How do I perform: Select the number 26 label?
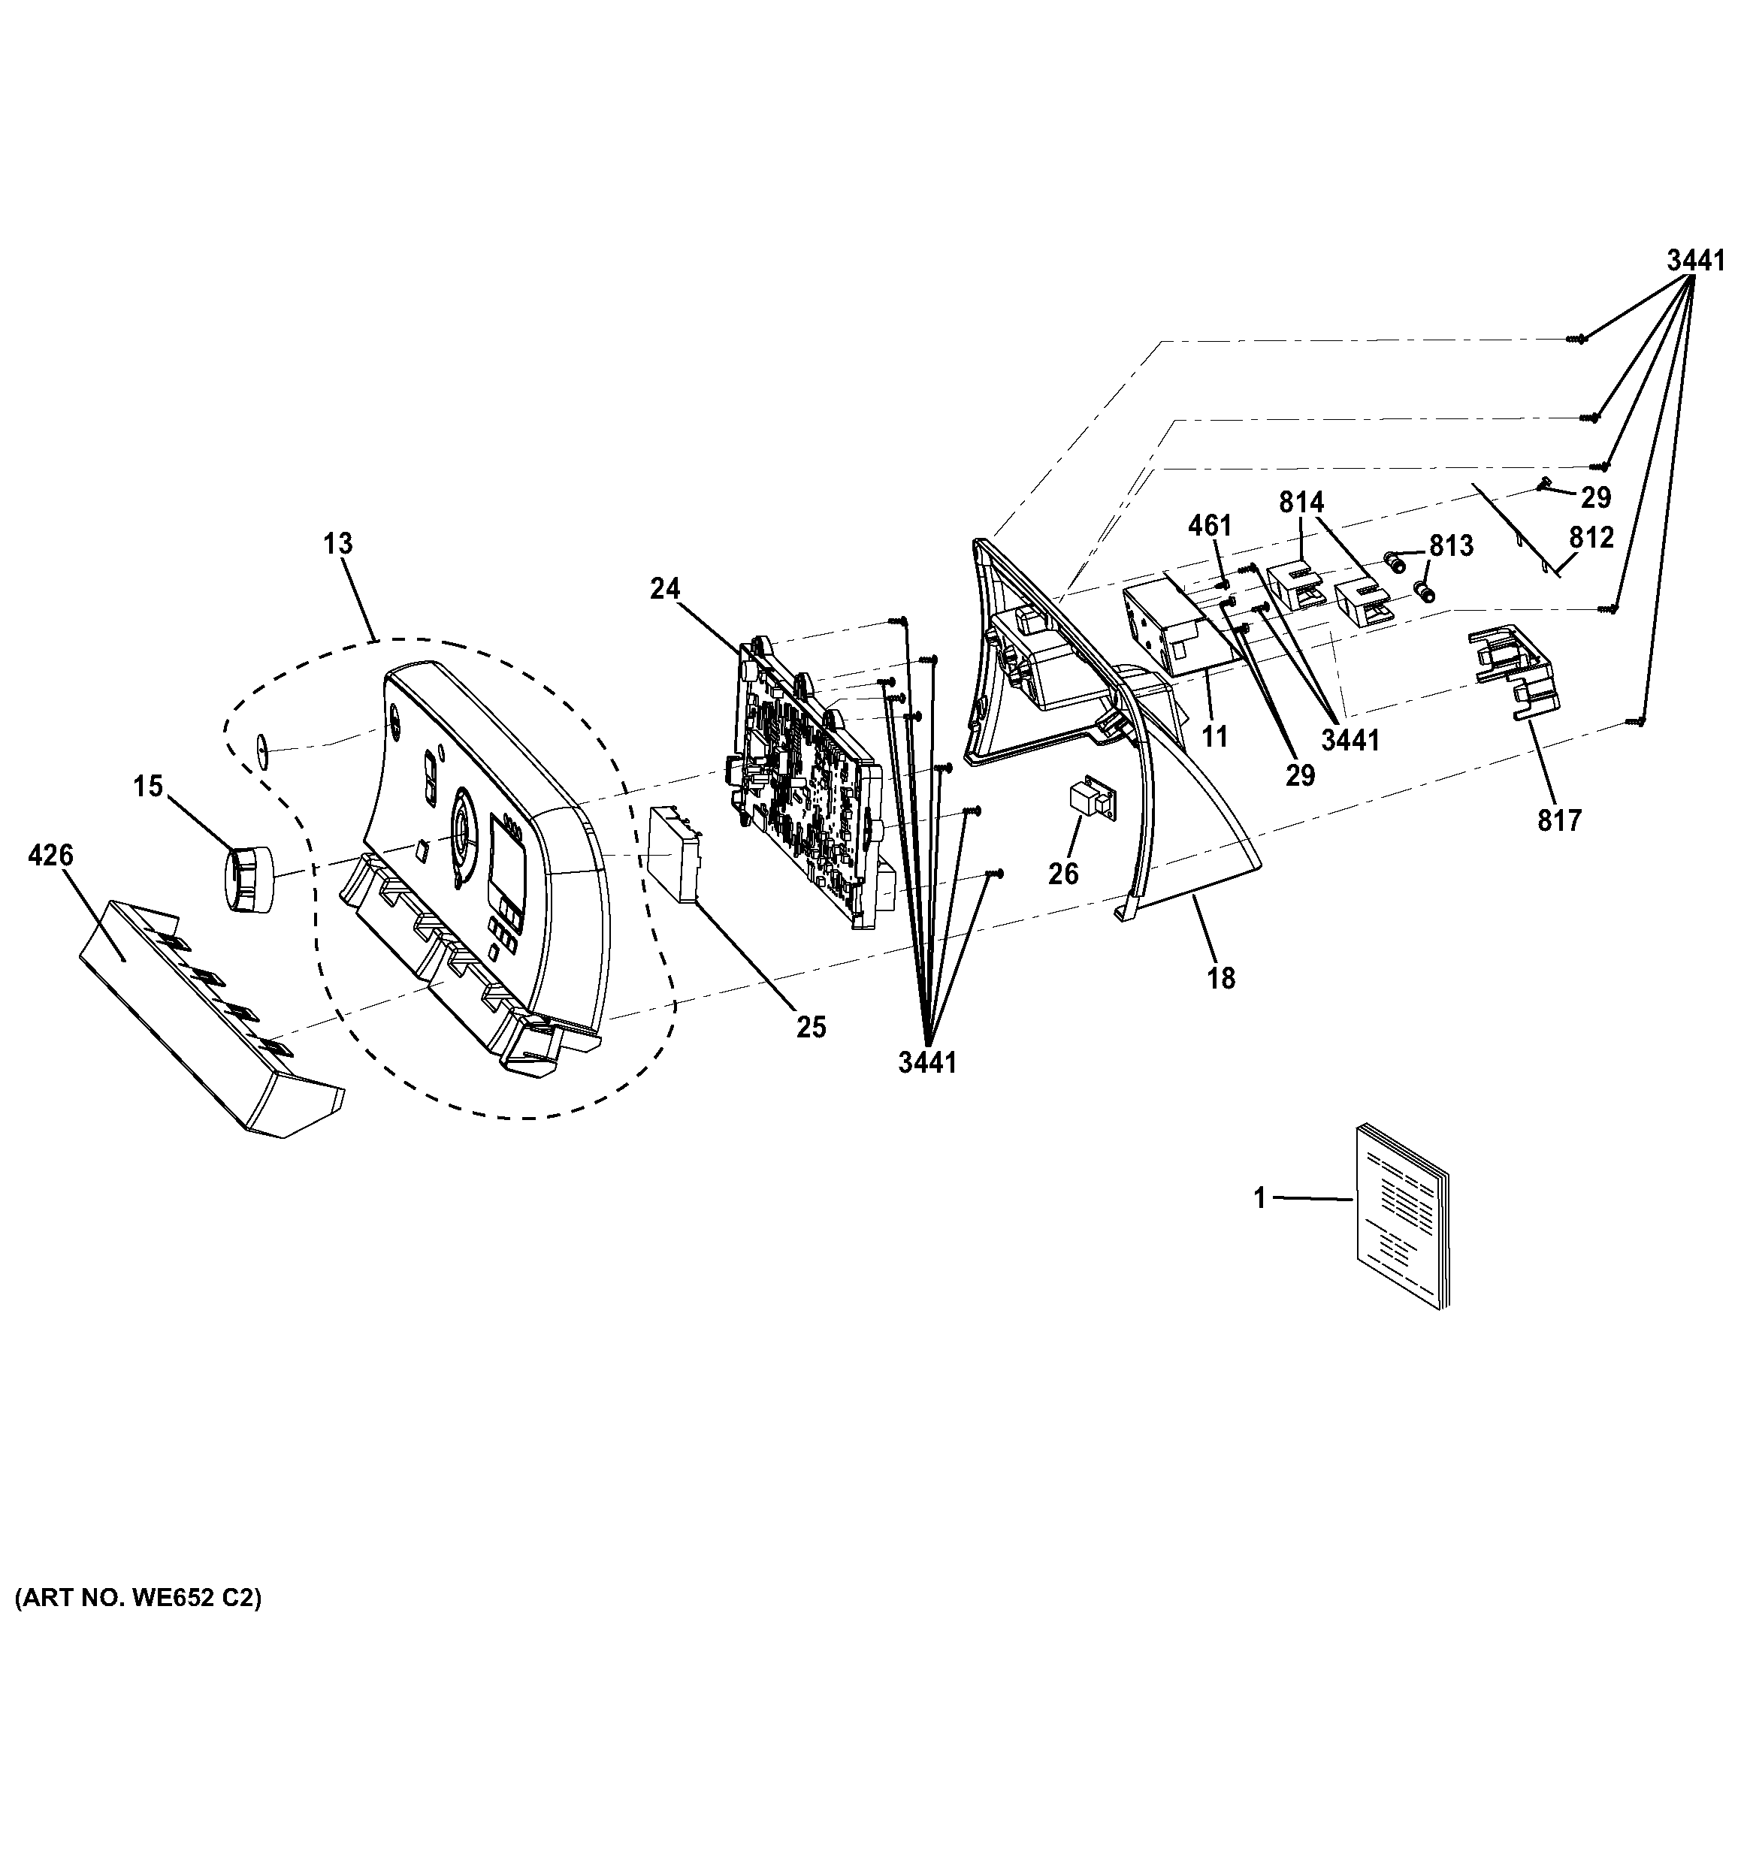click(1063, 873)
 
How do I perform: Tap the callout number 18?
click(1221, 979)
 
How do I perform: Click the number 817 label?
click(1559, 820)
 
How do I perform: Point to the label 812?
click(1591, 538)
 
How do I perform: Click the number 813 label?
click(1451, 545)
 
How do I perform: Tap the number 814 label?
click(1302, 503)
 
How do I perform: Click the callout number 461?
click(1210, 526)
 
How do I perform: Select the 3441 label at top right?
click(1696, 261)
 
